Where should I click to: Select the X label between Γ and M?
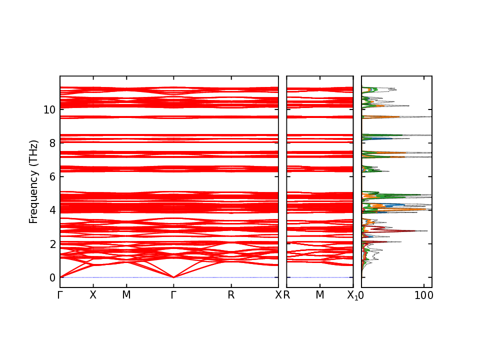click(92, 295)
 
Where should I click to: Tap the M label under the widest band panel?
click(126, 295)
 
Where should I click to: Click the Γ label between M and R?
click(173, 295)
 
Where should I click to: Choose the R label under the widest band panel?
click(231, 295)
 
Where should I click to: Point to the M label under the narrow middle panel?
click(320, 295)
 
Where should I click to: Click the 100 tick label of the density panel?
click(424, 295)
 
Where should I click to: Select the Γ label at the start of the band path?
click(60, 295)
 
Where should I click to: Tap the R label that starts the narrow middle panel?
click(287, 295)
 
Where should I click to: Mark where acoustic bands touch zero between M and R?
click(173, 277)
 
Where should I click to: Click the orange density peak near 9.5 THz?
click(380, 117)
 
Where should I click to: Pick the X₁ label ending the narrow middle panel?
click(352, 295)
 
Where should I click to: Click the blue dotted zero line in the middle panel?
click(320, 277)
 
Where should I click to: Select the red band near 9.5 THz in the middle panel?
click(320, 117)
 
